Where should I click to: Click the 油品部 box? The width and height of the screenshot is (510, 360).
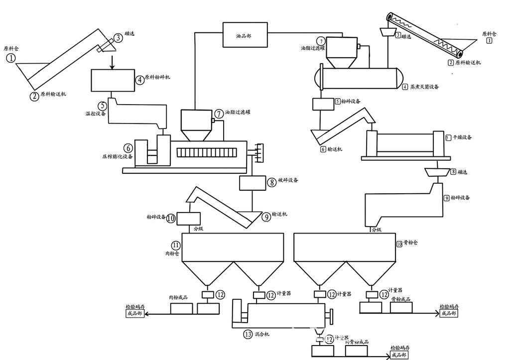click(244, 35)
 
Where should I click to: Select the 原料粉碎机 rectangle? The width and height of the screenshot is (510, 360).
click(114, 80)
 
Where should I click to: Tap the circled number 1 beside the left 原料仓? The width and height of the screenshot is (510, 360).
click(11, 59)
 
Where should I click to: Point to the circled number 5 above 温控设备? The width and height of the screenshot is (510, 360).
click(103, 106)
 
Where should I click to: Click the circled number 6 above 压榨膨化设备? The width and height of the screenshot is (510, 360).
click(128, 148)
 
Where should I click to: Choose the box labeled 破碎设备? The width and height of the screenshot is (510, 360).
click(254, 183)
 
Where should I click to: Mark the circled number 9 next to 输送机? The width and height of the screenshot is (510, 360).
click(262, 215)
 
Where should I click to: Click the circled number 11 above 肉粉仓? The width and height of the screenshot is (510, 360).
click(176, 245)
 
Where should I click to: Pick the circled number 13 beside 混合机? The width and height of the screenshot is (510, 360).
click(248, 334)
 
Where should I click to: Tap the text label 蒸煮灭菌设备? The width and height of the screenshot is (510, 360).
click(424, 87)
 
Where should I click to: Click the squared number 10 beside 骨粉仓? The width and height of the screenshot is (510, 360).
click(399, 244)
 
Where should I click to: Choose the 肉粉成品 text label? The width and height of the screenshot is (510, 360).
click(178, 298)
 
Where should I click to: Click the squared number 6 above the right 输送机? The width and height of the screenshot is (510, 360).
click(323, 149)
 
